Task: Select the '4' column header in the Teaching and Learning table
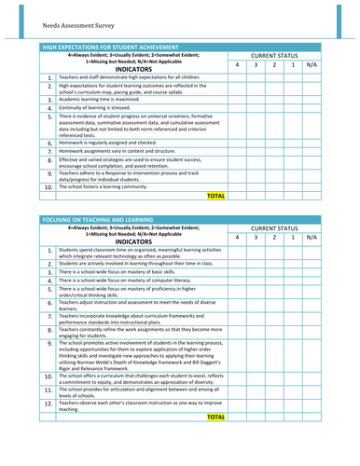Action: pyautogui.click(x=237, y=238)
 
